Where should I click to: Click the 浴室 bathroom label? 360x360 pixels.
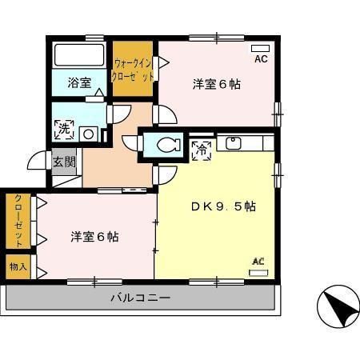click(78, 82)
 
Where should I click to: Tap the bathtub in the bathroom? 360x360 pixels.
click(78, 56)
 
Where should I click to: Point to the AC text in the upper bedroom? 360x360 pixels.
click(261, 59)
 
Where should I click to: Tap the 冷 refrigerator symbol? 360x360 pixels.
click(200, 147)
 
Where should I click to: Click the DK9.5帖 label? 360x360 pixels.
click(222, 206)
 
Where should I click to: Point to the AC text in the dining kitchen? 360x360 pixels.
click(258, 261)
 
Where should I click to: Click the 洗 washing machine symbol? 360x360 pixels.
click(63, 126)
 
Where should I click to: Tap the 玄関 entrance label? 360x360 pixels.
click(64, 162)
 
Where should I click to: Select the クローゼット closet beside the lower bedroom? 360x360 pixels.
click(18, 220)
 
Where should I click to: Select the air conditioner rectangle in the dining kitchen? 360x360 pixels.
click(258, 273)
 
